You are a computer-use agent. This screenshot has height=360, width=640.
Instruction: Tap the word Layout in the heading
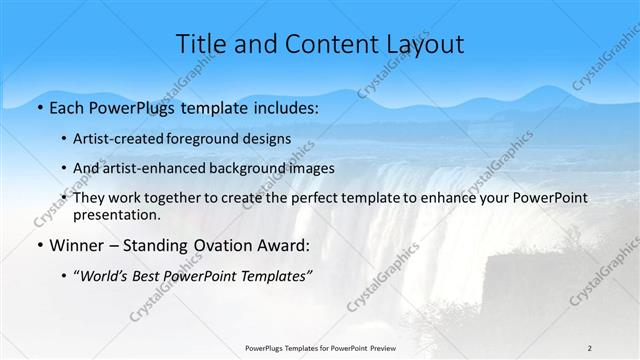[x=421, y=44]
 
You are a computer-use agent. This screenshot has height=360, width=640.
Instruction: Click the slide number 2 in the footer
[x=589, y=347]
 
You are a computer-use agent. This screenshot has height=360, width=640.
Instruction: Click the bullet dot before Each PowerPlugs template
[x=38, y=106]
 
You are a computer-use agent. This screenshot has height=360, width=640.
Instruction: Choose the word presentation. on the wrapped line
[x=116, y=215]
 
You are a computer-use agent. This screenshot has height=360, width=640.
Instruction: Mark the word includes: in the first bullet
[x=284, y=106]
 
